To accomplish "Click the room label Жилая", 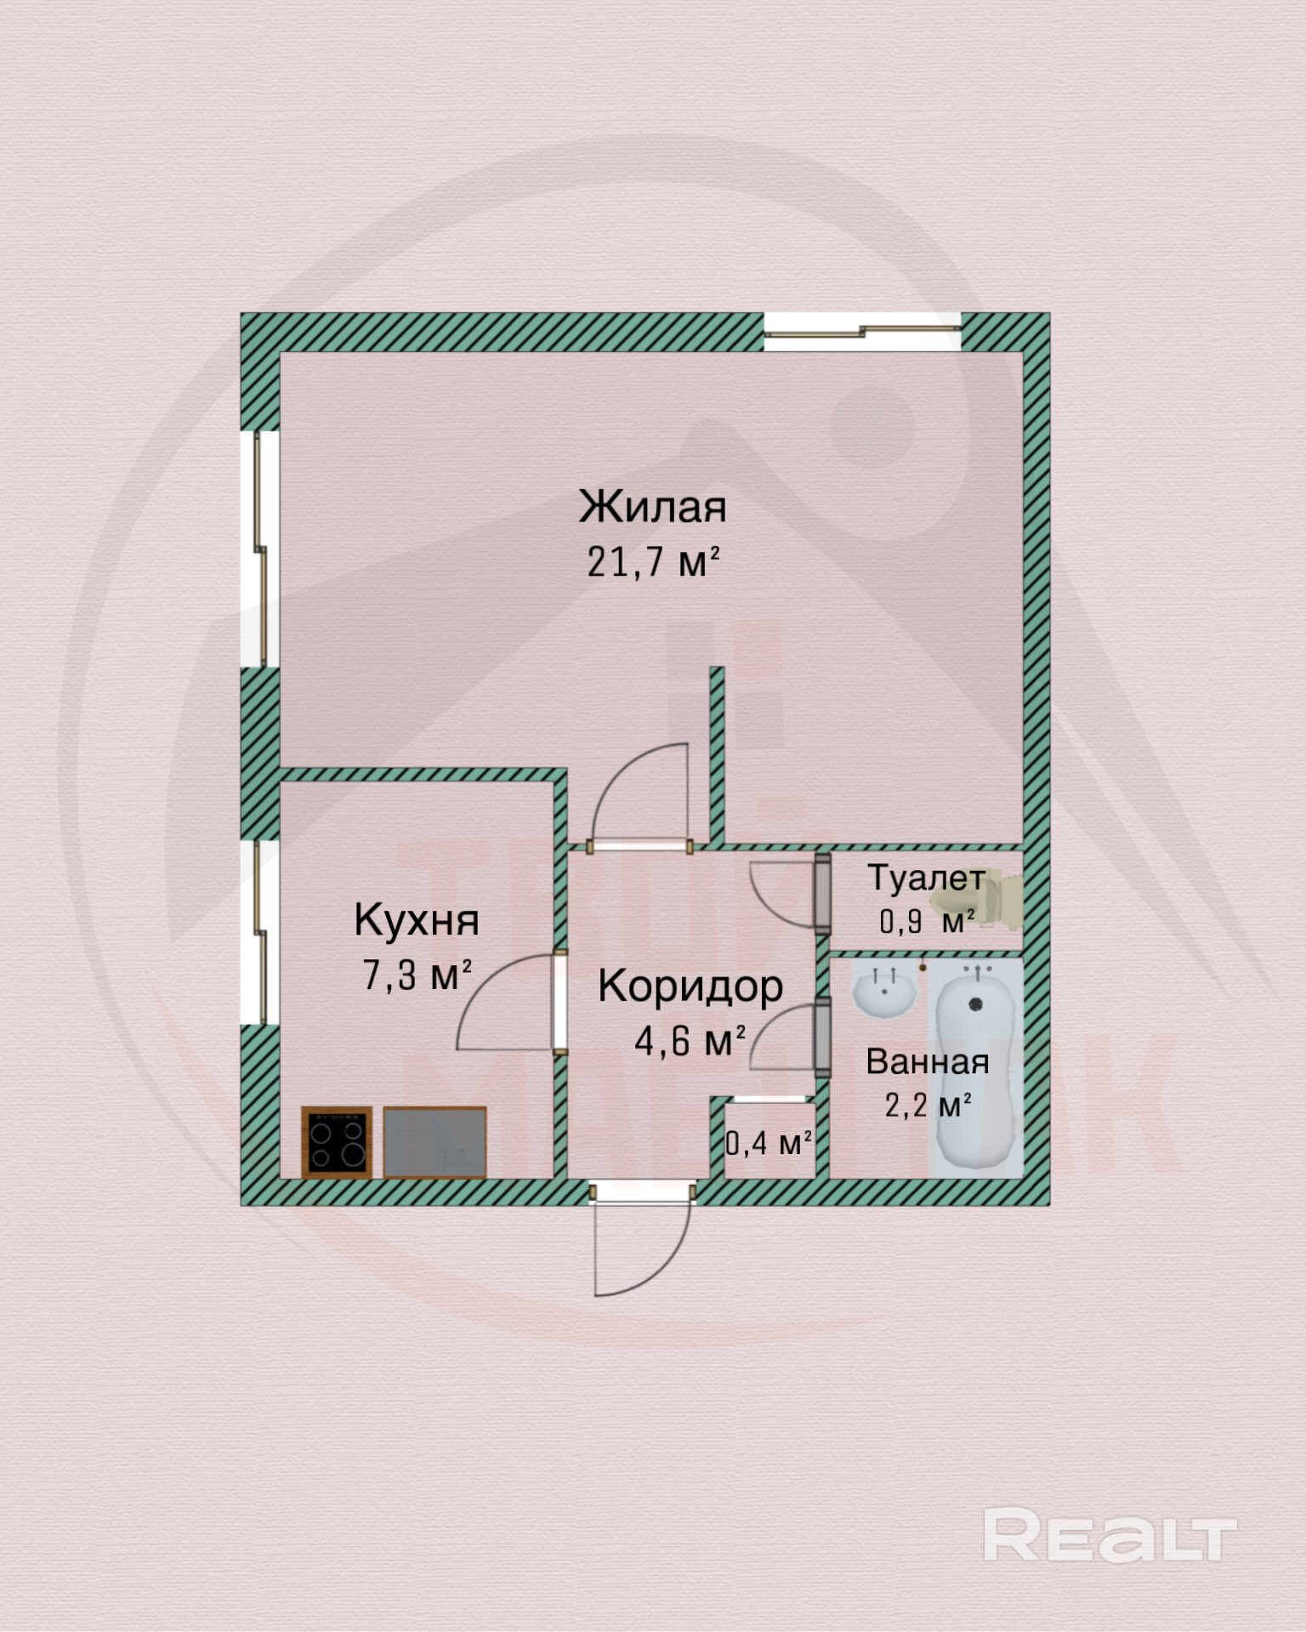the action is (x=652, y=507).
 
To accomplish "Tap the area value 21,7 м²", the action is (x=652, y=562).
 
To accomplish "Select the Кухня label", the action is (x=417, y=920).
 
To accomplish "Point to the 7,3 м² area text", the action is (x=417, y=975).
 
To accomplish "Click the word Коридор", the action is (x=690, y=987).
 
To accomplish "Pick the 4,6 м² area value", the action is (x=690, y=1040).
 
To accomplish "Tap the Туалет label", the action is (x=926, y=879).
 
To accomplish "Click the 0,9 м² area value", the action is (x=926, y=921).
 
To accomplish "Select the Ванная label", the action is (x=927, y=1062).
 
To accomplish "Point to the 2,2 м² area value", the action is (x=927, y=1106).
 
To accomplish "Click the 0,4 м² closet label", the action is (x=768, y=1144).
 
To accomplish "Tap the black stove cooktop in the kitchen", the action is (x=337, y=1142).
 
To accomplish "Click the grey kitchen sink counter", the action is (x=434, y=1142).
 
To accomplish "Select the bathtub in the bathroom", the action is (x=976, y=1072).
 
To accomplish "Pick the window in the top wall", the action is (x=861, y=332).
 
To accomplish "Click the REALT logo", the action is (x=1109, y=1534).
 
